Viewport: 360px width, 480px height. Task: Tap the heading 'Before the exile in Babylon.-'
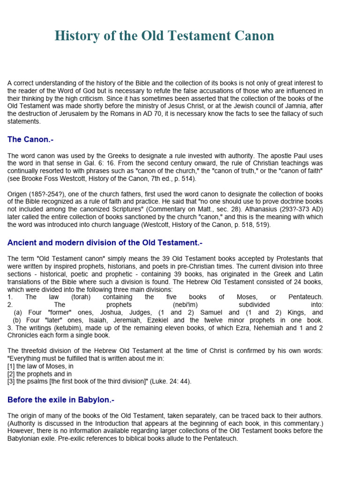(x=61, y=400)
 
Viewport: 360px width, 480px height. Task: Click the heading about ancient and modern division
(x=105, y=242)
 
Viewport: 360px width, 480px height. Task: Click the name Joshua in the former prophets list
(x=77, y=312)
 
